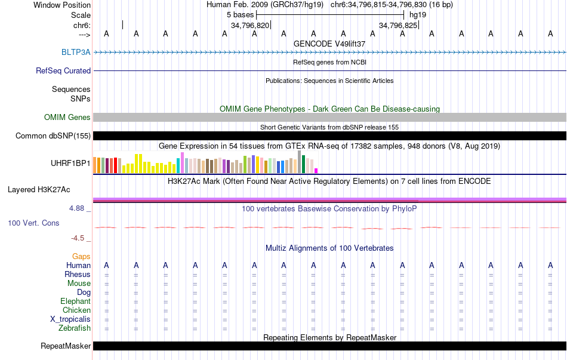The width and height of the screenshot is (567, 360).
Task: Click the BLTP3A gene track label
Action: [x=76, y=52]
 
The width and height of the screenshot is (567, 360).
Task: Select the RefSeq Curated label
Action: [x=63, y=70]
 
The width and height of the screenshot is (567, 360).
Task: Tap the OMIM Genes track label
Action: [x=67, y=117]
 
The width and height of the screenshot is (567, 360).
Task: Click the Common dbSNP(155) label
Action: [x=53, y=136]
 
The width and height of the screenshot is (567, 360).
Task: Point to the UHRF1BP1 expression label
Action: [x=70, y=162]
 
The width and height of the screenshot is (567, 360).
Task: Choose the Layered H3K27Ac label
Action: [x=39, y=190]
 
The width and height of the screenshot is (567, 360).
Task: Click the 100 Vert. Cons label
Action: [x=33, y=223]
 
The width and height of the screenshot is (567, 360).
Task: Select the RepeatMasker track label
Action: [x=66, y=346]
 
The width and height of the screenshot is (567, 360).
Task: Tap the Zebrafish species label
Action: [x=75, y=328]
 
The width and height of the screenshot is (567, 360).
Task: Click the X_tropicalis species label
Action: [x=70, y=319]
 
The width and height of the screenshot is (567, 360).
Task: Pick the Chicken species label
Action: [x=76, y=310]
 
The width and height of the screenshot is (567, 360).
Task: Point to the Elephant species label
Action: [x=75, y=301]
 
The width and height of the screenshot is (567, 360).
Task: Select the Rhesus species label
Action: [x=78, y=274]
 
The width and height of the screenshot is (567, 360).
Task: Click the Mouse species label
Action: [x=79, y=283]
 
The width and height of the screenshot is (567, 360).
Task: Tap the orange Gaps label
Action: [x=81, y=256]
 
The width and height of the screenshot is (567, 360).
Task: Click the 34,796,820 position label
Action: [x=249, y=25]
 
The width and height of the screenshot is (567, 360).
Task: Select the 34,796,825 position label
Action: [x=397, y=25]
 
